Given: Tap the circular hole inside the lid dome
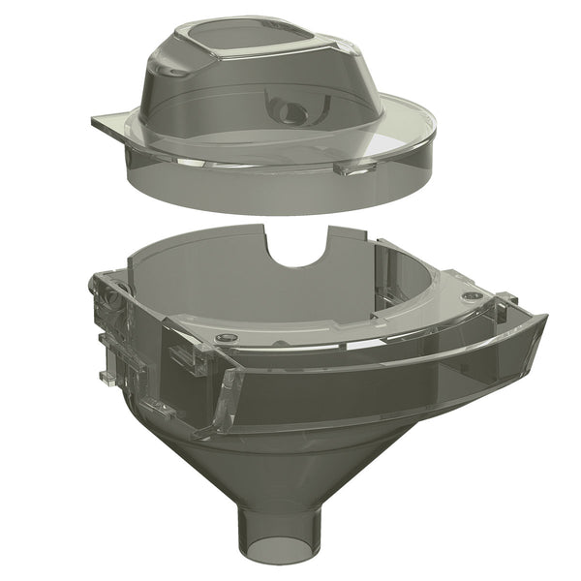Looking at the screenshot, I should tap(288, 111).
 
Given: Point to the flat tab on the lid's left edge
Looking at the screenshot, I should tap(108, 124).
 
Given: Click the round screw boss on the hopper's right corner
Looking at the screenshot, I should tap(471, 294).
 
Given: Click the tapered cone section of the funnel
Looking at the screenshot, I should tap(281, 455).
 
